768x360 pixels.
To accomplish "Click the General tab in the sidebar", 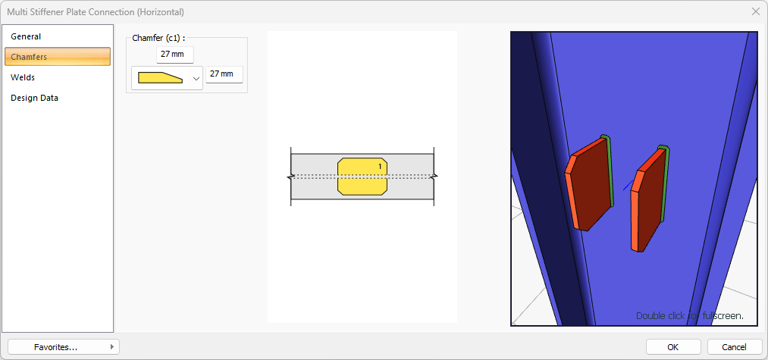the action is pyautogui.click(x=26, y=36).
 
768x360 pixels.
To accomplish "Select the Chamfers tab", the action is pyautogui.click(x=29, y=57).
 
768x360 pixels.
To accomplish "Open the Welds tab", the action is pyautogui.click(x=23, y=77).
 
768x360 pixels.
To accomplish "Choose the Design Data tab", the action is pyautogui.click(x=34, y=98).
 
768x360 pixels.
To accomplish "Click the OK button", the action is pyautogui.click(x=672, y=347).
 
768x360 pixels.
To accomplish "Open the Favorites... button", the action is pyautogui.click(x=64, y=347).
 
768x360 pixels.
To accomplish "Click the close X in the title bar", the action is pyautogui.click(x=755, y=12).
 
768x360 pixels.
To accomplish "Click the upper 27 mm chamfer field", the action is pyautogui.click(x=175, y=55).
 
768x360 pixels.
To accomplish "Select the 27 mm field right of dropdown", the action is pyautogui.click(x=224, y=74).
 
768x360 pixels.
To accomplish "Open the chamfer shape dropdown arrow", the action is pyautogui.click(x=196, y=78).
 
